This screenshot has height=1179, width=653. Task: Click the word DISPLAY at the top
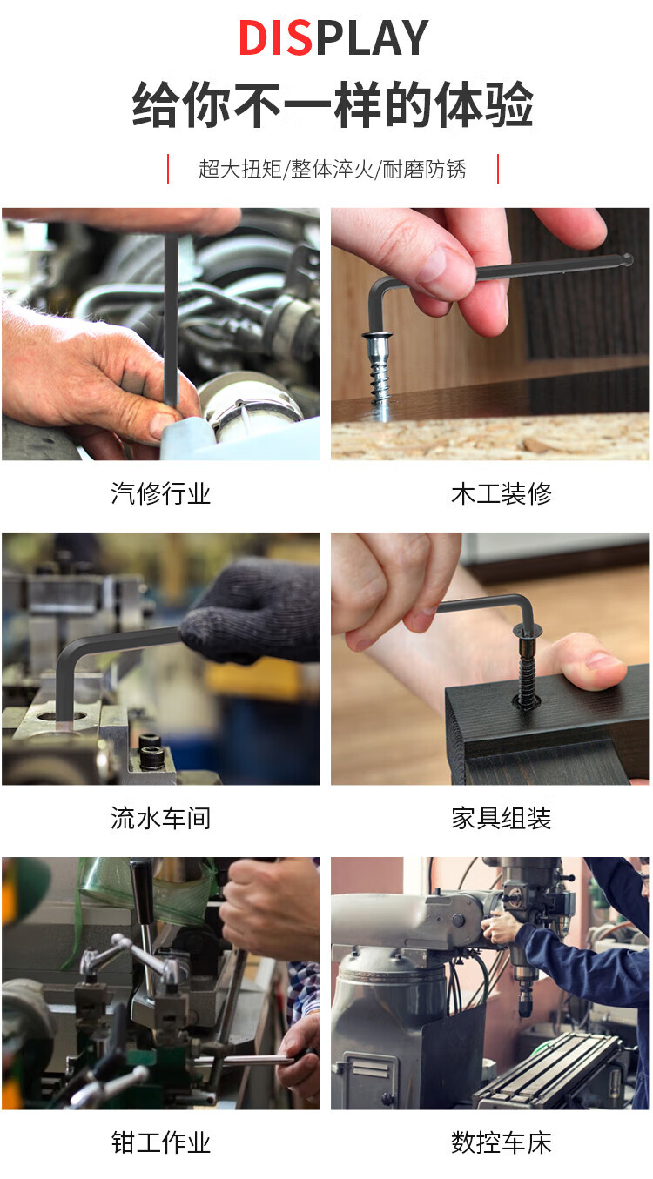[x=333, y=38]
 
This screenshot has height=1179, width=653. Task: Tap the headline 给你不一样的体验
[x=333, y=104]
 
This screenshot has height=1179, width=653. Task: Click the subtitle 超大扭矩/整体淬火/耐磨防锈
[x=333, y=170]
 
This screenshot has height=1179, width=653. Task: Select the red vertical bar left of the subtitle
[x=168, y=169]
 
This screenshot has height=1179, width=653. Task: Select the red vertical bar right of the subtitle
[x=498, y=169]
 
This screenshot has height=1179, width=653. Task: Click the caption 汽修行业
[x=160, y=493]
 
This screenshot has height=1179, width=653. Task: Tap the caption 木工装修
[x=501, y=493]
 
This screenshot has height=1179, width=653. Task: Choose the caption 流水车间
[x=160, y=819]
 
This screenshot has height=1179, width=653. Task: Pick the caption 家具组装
[x=501, y=819]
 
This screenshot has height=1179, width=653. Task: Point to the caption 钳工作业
[x=160, y=1142]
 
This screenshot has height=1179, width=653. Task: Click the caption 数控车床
[x=501, y=1142]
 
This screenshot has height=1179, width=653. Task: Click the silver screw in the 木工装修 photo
[x=380, y=373]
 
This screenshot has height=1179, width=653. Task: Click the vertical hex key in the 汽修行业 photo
[x=171, y=321]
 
